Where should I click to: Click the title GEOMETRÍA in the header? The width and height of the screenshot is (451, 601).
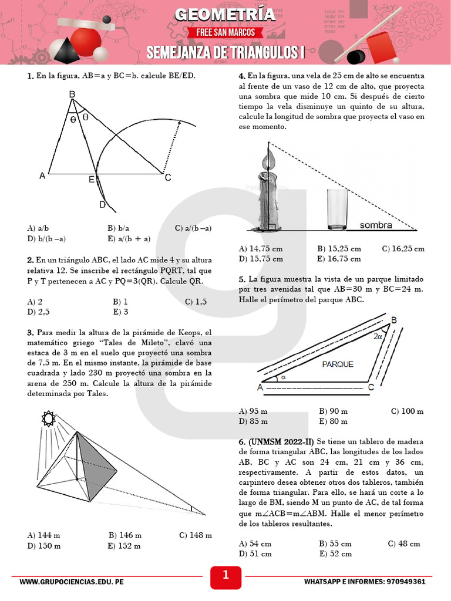tap(225, 14)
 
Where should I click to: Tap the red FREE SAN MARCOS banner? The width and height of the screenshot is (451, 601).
tap(225, 32)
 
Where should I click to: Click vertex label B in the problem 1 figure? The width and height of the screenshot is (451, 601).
tap(72, 94)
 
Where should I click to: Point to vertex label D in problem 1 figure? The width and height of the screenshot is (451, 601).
tap(102, 204)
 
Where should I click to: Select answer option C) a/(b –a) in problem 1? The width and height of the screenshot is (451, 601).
tap(193, 228)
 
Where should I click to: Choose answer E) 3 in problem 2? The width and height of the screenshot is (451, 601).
tap(121, 312)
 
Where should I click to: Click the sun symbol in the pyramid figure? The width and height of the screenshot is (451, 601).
tap(46, 419)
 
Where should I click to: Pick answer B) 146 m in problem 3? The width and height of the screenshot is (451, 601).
tap(125, 535)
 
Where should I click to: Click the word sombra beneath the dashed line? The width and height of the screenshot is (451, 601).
tap(376, 225)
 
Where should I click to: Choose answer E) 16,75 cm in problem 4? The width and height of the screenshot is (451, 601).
tap(339, 258)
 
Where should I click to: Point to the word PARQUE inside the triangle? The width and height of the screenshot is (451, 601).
tap(338, 364)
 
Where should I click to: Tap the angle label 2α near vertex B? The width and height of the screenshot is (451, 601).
tap(378, 336)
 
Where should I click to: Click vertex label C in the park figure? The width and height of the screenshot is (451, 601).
tap(371, 387)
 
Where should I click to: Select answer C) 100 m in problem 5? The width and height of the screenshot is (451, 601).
tap(407, 411)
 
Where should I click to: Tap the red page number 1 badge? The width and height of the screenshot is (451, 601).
tap(225, 576)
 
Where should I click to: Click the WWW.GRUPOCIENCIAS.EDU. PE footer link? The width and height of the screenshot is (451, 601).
tap(71, 582)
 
